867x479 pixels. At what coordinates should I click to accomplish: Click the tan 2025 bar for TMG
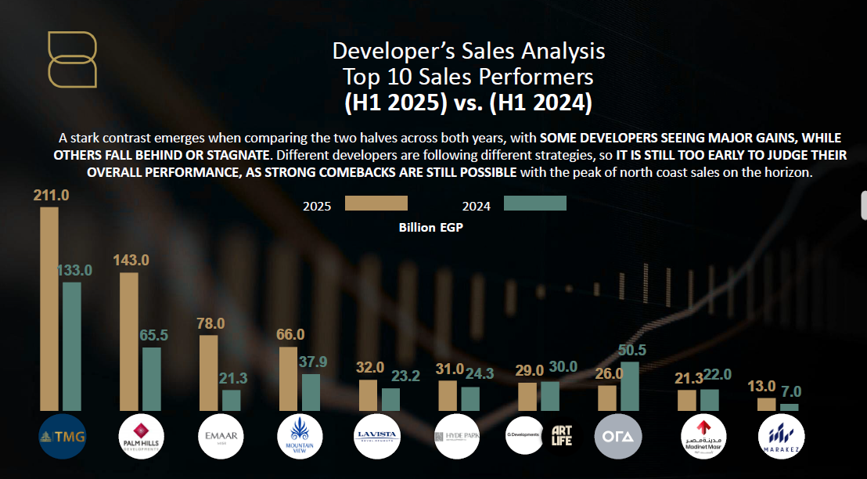[49, 308]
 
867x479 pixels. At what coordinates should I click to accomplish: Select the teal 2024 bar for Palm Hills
[152, 379]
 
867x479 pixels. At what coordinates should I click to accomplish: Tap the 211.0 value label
[52, 195]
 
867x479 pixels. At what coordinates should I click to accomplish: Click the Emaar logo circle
[221, 435]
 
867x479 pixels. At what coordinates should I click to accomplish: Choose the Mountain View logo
[300, 435]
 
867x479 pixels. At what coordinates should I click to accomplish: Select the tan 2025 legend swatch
[376, 203]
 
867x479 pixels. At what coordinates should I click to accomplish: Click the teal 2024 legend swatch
[534, 203]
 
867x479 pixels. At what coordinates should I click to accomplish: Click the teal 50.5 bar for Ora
[630, 386]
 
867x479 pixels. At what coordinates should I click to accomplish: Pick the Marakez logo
[781, 435]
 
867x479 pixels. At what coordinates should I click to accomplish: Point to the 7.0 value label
[791, 391]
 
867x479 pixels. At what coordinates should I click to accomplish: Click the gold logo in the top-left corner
[72, 59]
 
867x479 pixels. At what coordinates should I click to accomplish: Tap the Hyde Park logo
[457, 435]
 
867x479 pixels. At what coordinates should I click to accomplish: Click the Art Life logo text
[562, 436]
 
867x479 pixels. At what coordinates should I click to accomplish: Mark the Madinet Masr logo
[700, 435]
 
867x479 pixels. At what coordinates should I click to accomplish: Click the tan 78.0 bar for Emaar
[209, 373]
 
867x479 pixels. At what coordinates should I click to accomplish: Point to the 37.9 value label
[315, 362]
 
